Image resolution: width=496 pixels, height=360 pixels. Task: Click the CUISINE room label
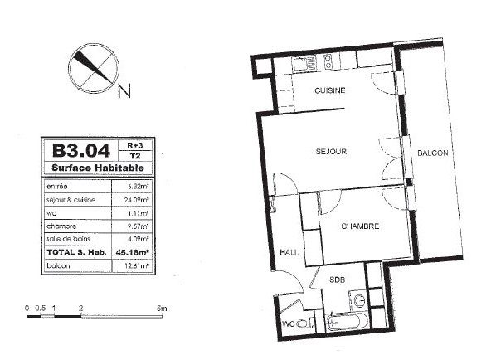point(329,90)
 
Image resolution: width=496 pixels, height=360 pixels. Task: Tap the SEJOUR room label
point(331,152)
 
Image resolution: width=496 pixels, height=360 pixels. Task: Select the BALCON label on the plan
point(432,153)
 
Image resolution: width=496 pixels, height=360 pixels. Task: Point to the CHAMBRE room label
point(360,226)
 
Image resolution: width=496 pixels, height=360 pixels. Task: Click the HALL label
point(289,252)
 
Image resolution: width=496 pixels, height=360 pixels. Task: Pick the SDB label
point(337,280)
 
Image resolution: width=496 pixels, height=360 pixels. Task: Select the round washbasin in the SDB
point(359,300)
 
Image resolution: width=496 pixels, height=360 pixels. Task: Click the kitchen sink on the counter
point(304,64)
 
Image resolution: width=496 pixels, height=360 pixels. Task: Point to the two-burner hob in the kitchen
point(328,61)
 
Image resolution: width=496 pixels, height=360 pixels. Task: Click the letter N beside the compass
point(124,91)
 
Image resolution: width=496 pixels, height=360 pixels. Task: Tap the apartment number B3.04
point(81,151)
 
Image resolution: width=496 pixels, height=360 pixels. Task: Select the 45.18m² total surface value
point(133,252)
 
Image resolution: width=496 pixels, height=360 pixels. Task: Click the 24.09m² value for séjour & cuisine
point(136,200)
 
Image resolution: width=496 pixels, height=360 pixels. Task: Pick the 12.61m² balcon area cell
point(137,265)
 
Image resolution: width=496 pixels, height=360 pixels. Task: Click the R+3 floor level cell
point(135,145)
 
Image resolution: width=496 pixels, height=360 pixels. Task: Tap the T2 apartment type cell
point(135,156)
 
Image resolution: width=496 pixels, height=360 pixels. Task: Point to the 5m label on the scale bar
point(162,308)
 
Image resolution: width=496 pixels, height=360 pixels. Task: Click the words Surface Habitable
point(98,168)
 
